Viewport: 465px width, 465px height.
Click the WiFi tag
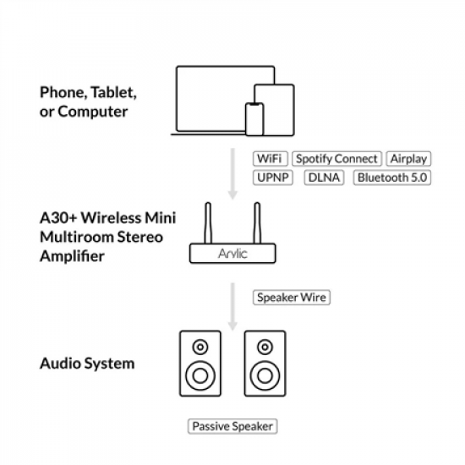click(270, 159)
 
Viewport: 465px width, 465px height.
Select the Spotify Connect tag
click(336, 159)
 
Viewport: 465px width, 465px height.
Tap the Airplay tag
click(408, 159)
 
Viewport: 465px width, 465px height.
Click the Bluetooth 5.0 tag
click(392, 177)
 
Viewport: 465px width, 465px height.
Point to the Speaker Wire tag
click(290, 298)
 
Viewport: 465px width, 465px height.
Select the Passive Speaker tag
click(232, 426)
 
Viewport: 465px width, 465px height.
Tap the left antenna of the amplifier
click(208, 222)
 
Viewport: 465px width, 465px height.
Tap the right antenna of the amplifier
click(256, 222)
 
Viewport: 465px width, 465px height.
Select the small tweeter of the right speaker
click(264, 347)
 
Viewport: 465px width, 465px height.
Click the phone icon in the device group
click(254, 118)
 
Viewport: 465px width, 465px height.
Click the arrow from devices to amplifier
click(232, 169)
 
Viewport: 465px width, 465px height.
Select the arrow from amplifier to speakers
click(232, 304)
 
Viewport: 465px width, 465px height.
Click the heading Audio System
click(87, 364)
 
